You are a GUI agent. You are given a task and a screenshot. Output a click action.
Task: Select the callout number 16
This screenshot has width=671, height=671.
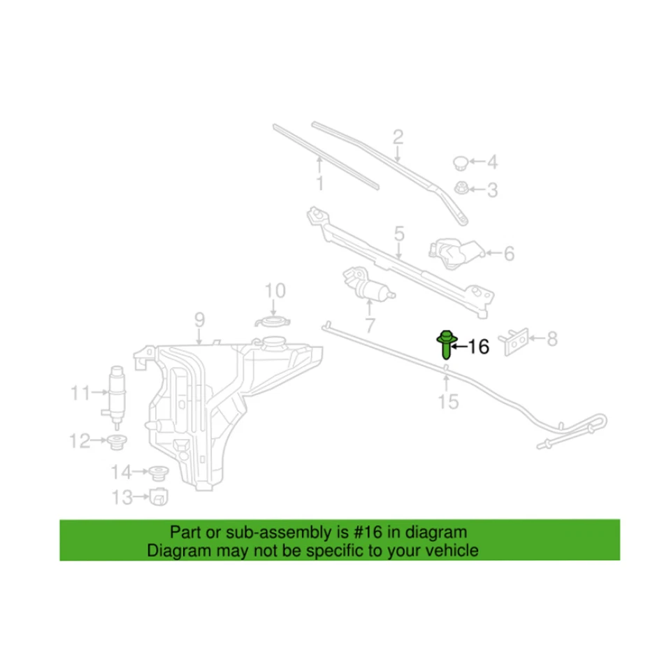coord(478,346)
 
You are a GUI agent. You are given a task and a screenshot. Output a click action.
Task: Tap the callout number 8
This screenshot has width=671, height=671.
coord(552,340)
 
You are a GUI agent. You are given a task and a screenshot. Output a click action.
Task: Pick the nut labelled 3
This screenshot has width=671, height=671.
coord(461,188)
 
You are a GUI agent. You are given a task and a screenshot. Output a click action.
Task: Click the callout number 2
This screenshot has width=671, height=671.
coord(398,136)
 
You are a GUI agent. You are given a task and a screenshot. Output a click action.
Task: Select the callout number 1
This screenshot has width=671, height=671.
coord(320,184)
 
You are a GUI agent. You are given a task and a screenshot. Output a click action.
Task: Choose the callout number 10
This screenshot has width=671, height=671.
coord(275,290)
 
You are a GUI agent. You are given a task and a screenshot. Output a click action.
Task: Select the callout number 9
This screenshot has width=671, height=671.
coord(199,321)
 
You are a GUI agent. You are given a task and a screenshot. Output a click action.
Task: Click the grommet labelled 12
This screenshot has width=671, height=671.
coord(117,441)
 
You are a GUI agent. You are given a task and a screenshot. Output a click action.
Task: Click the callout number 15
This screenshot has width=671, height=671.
coord(448,401)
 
